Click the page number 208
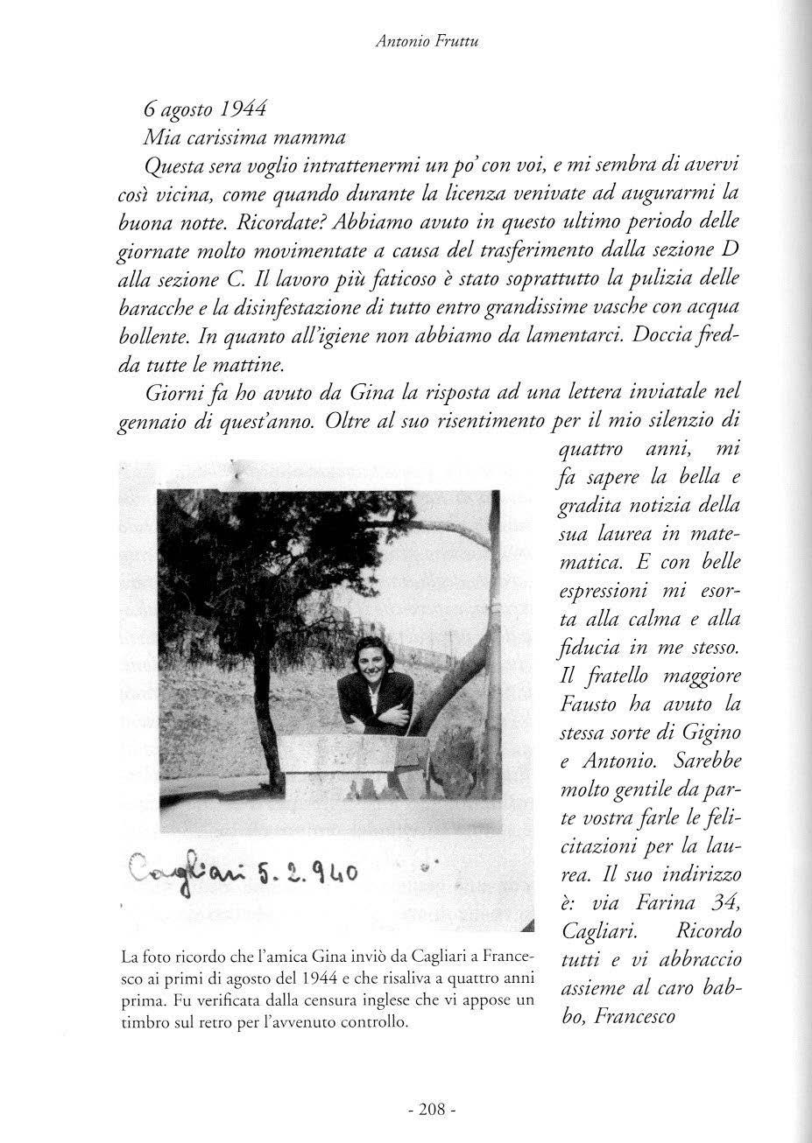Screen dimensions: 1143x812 click(x=433, y=1110)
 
